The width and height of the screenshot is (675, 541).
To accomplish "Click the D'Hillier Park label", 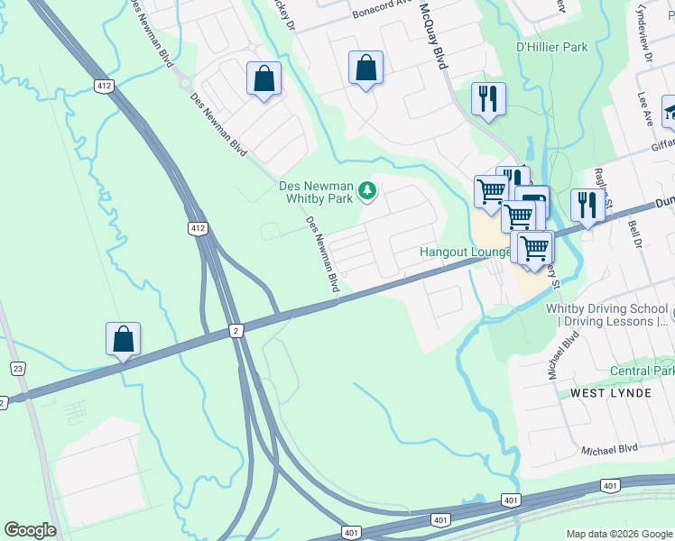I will [551, 47].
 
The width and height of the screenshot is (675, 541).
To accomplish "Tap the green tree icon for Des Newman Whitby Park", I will [366, 189].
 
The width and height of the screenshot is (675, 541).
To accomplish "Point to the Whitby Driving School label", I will [606, 314].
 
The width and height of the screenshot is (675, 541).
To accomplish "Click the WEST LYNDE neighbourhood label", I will [611, 394].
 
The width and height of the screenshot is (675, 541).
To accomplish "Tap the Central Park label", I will [642, 371].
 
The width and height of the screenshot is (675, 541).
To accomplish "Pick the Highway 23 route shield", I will [17, 368].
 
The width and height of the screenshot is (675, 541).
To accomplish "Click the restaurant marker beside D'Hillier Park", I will [488, 99].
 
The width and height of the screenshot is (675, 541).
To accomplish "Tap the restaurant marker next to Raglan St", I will [587, 206].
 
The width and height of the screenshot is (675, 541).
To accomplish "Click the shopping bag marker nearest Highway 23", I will [124, 340].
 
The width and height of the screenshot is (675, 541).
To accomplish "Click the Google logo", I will [30, 530].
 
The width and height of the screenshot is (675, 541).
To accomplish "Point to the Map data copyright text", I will [619, 534].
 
